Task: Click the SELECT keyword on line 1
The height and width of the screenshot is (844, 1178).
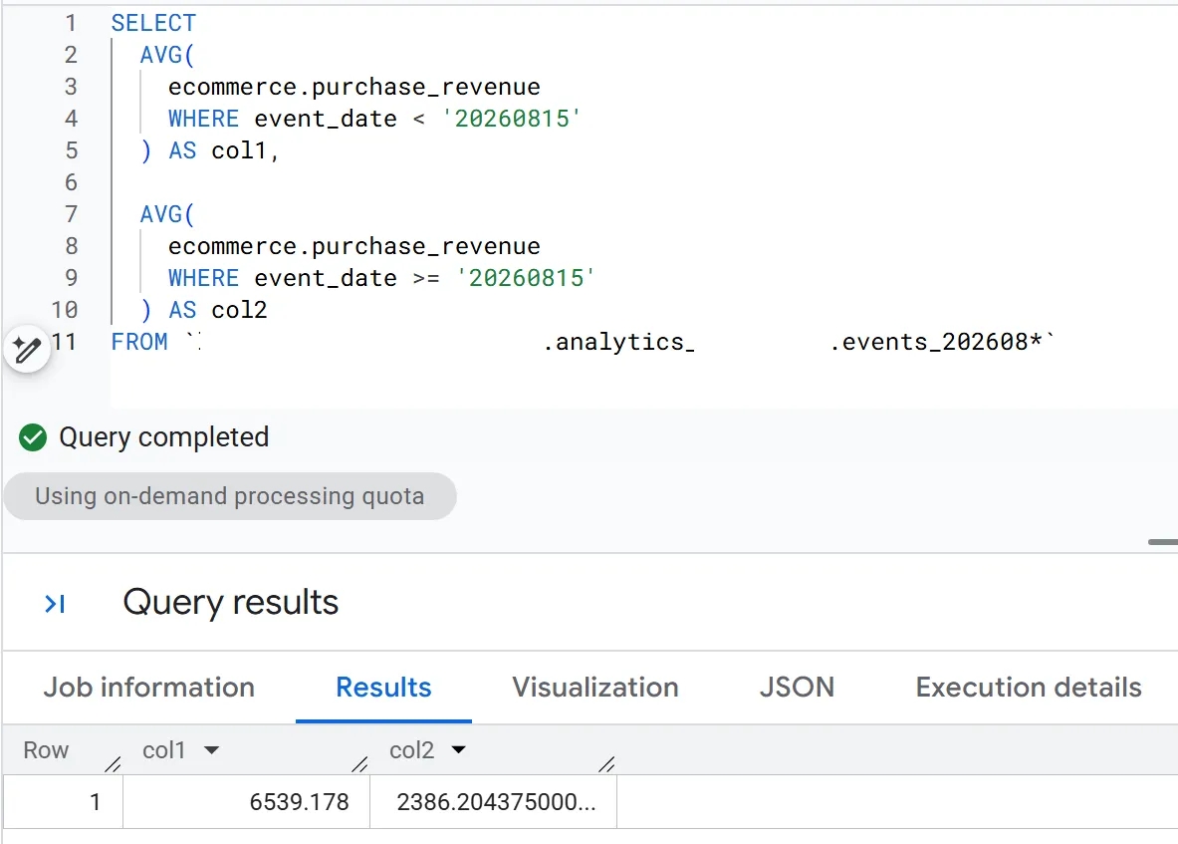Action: pyautogui.click(x=153, y=23)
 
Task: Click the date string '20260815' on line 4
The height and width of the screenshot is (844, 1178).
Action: pyautogui.click(x=511, y=119)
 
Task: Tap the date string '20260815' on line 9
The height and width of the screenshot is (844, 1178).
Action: pyautogui.click(x=525, y=278)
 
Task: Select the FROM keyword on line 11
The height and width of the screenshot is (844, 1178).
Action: pyautogui.click(x=139, y=342)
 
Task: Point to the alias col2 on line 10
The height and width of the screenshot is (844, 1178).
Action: pyautogui.click(x=239, y=310)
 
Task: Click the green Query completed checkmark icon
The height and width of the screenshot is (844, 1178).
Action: pyautogui.click(x=33, y=436)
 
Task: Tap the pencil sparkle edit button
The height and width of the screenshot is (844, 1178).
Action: pyautogui.click(x=27, y=349)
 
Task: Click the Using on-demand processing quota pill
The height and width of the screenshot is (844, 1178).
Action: pyautogui.click(x=230, y=496)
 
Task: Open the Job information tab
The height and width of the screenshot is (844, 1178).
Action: pyautogui.click(x=148, y=687)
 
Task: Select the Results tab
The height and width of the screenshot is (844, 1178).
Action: pyautogui.click(x=383, y=687)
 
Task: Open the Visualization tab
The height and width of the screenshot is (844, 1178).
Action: pyautogui.click(x=595, y=687)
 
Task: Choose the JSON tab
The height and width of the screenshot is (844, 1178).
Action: pyautogui.click(x=797, y=687)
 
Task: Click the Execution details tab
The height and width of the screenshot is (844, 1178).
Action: pyautogui.click(x=1029, y=687)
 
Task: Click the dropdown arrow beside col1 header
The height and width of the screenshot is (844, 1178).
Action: pyautogui.click(x=212, y=750)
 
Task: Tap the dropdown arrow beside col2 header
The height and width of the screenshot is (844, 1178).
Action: pyautogui.click(x=458, y=750)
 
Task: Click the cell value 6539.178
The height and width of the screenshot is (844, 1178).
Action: pyautogui.click(x=299, y=802)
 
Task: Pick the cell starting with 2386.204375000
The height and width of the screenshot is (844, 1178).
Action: pyautogui.click(x=496, y=802)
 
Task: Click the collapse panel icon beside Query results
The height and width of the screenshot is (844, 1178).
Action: pyautogui.click(x=55, y=603)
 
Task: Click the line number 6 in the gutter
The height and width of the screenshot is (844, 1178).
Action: pyautogui.click(x=72, y=182)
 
